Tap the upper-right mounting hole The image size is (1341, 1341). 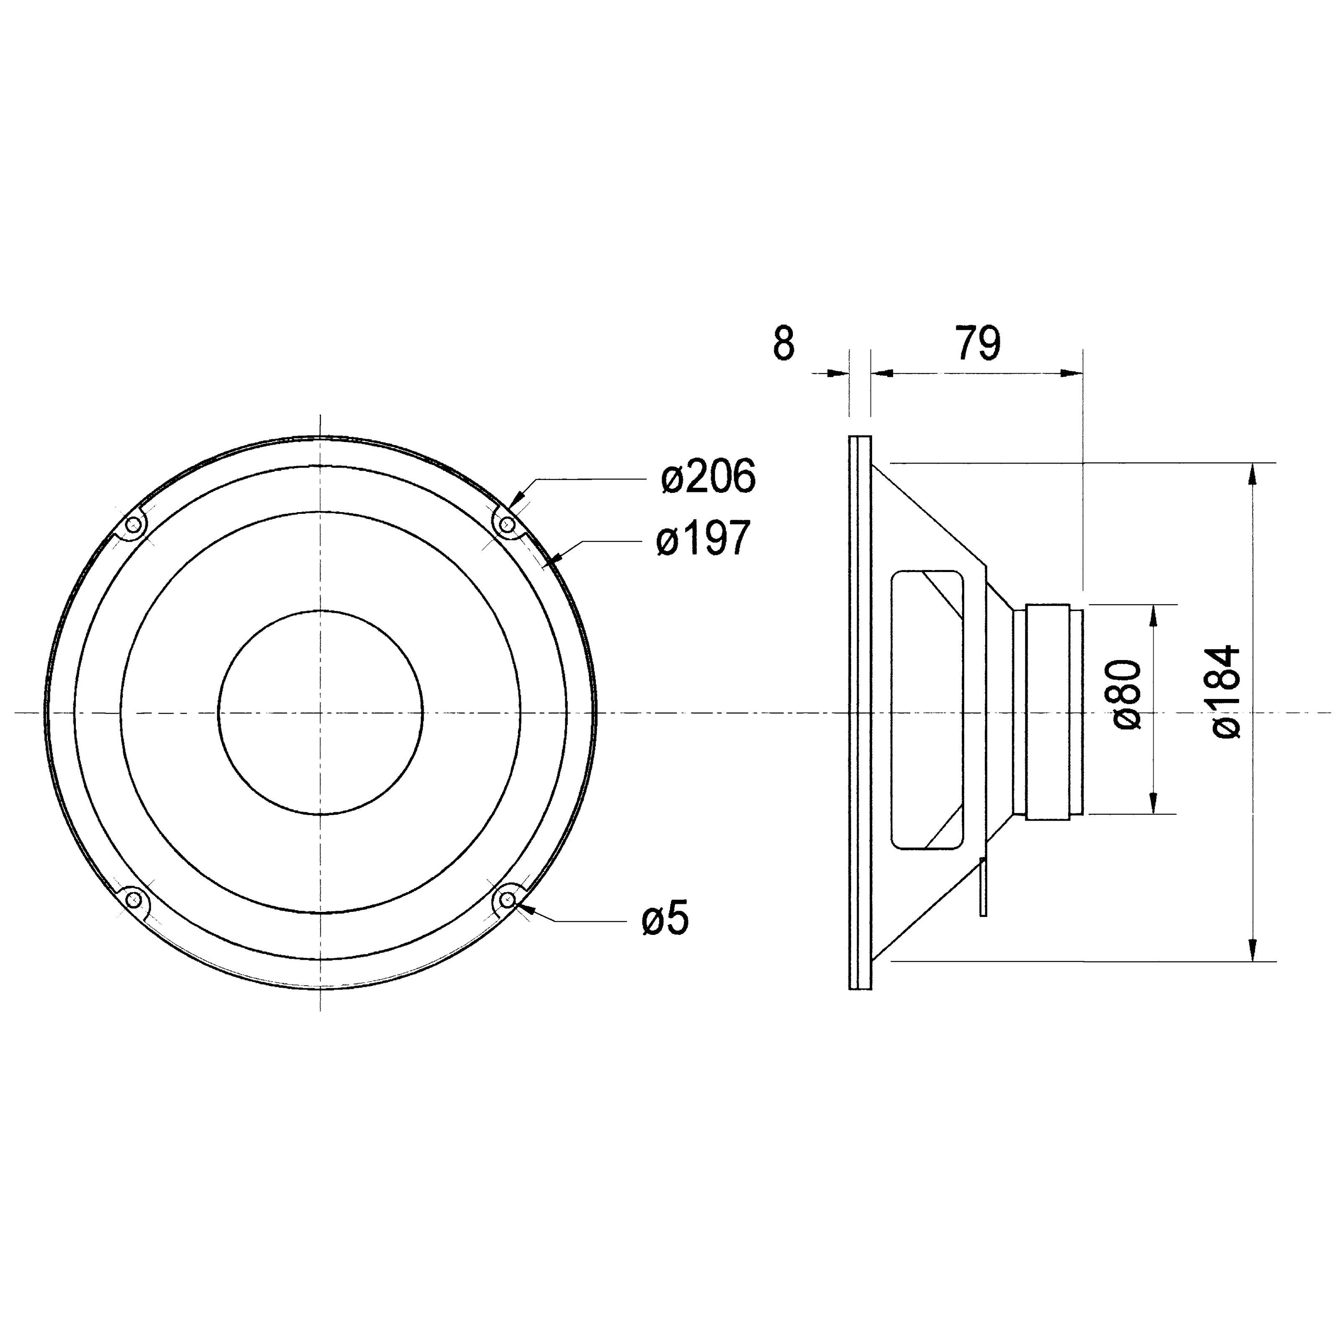[508, 524]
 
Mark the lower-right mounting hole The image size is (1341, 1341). [508, 900]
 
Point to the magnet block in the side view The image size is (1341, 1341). [1048, 712]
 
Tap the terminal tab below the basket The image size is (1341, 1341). [983, 887]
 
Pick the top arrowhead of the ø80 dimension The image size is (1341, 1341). [1154, 615]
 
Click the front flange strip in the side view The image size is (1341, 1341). [860, 712]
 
